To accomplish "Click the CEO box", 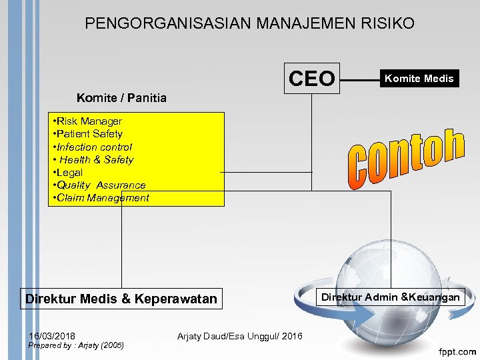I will coord(312,79).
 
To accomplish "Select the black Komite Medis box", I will coord(418,79).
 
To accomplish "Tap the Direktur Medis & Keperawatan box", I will coord(121,299).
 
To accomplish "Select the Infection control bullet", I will coord(93,147).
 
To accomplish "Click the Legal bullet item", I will coord(69,173).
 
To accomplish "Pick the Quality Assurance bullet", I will coord(99,185).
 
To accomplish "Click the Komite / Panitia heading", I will coord(121,99).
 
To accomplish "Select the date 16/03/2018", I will coord(52,335).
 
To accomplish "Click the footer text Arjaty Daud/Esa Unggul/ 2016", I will coord(239,336).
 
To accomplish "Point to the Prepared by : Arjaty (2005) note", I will coord(76,345).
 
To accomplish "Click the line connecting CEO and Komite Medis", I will coord(358,79).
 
